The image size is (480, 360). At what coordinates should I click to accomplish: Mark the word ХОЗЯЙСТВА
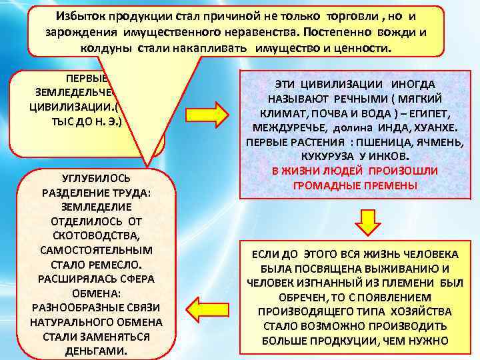[x=420, y=311]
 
